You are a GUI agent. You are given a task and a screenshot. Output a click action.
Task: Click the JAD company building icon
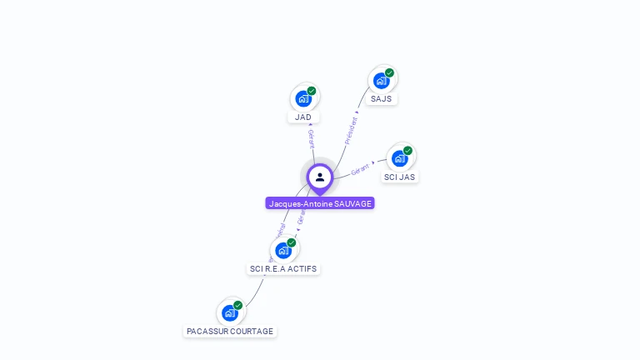pyautogui.click(x=303, y=98)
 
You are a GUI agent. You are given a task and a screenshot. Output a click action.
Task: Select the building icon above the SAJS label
pyautogui.click(x=381, y=81)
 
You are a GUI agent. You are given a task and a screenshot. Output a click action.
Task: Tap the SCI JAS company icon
pyautogui.click(x=399, y=158)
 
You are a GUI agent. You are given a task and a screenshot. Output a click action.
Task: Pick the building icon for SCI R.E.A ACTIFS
pyautogui.click(x=283, y=250)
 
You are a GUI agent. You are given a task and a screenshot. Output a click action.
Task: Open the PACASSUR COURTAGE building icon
pyautogui.click(x=230, y=313)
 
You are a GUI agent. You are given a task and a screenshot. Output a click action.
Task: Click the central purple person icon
pyautogui.click(x=320, y=177)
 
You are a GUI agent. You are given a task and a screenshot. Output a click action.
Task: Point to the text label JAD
pyautogui.click(x=303, y=117)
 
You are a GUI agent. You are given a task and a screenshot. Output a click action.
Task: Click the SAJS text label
pyautogui.click(x=381, y=99)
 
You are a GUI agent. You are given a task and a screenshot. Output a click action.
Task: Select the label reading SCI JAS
pyautogui.click(x=399, y=177)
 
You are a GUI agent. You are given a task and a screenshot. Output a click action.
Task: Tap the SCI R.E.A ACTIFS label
pyautogui.click(x=283, y=269)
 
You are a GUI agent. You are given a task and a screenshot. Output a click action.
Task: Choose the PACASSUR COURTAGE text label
pyautogui.click(x=230, y=332)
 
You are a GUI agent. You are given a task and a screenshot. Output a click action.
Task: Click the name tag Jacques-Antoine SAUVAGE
pyautogui.click(x=320, y=203)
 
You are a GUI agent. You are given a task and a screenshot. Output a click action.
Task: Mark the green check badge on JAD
pyautogui.click(x=312, y=91)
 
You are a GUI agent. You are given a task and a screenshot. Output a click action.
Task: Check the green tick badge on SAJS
pyautogui.click(x=389, y=72)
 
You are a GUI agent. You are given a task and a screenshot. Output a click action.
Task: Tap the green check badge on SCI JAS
pyautogui.click(x=407, y=151)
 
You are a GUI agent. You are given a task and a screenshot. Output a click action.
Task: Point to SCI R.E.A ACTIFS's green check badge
pyautogui.click(x=292, y=242)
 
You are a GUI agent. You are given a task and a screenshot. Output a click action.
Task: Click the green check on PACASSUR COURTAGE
pyautogui.click(x=238, y=306)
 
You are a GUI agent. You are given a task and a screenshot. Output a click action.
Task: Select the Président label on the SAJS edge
pyautogui.click(x=351, y=130)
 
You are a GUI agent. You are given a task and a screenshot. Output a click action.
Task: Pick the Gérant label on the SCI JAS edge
pyautogui.click(x=360, y=169)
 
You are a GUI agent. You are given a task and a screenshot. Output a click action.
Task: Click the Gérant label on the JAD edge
pyautogui.click(x=311, y=138)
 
